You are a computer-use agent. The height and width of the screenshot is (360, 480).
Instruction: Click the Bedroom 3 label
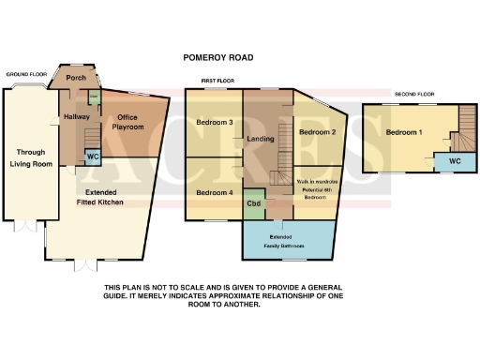215,123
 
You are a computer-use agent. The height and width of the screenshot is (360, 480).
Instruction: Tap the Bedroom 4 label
214,192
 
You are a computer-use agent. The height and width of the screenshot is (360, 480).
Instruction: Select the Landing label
259,140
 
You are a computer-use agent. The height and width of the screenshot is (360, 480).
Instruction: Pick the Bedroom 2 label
317,132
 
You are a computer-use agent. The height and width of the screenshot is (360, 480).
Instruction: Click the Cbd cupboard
253,202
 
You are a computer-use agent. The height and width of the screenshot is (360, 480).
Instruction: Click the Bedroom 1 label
404,132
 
